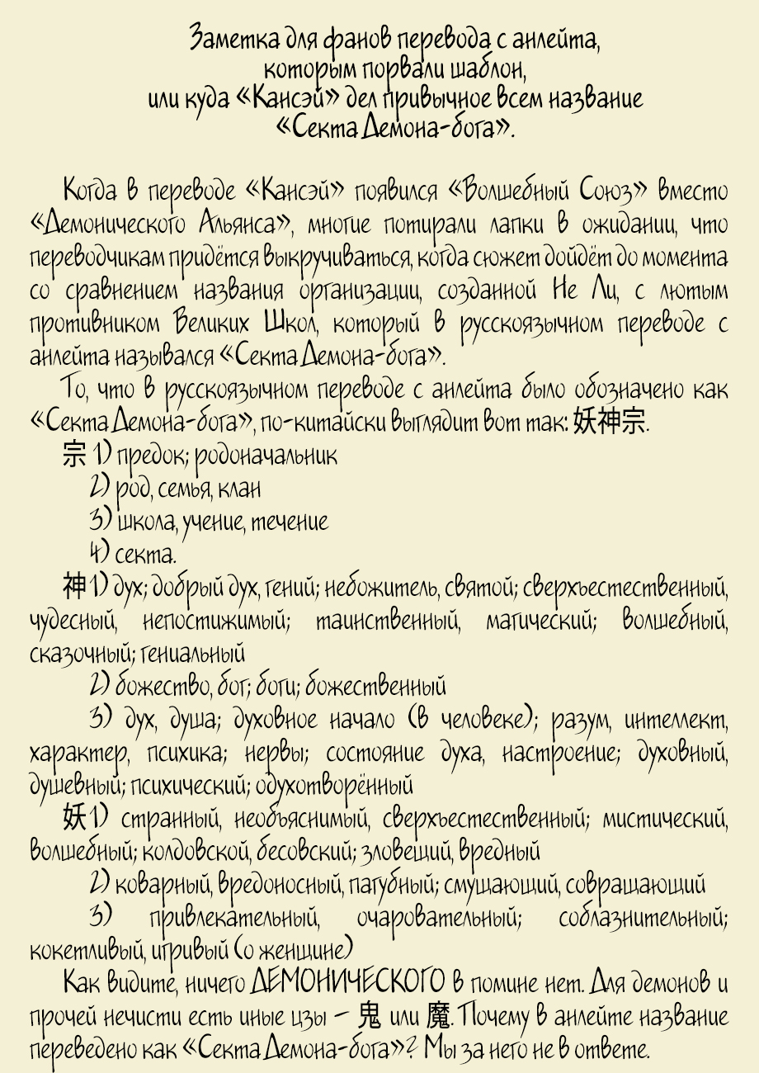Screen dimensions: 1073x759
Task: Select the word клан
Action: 240,489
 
